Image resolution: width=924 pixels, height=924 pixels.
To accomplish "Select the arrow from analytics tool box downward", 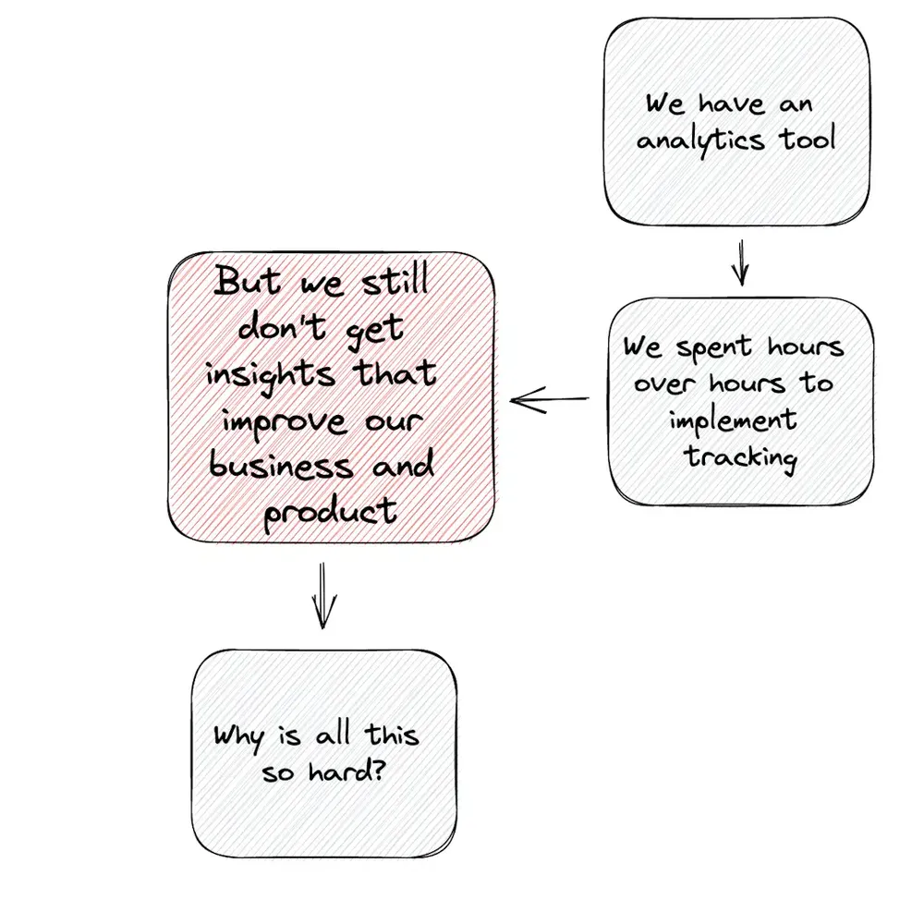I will [739, 262].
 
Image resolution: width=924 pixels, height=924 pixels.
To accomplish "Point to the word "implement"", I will [733, 421].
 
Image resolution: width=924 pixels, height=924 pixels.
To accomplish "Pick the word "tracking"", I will [740, 456].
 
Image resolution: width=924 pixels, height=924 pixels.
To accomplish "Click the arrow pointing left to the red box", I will [550, 400].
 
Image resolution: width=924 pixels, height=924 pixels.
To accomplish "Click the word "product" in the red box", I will [330, 510].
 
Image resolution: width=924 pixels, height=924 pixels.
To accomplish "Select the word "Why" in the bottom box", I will [238, 736].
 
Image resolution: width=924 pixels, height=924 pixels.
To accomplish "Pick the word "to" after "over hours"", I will [817, 383].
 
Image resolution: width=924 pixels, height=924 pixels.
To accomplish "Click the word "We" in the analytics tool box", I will [665, 103].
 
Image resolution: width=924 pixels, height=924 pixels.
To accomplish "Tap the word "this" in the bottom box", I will [391, 736].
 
